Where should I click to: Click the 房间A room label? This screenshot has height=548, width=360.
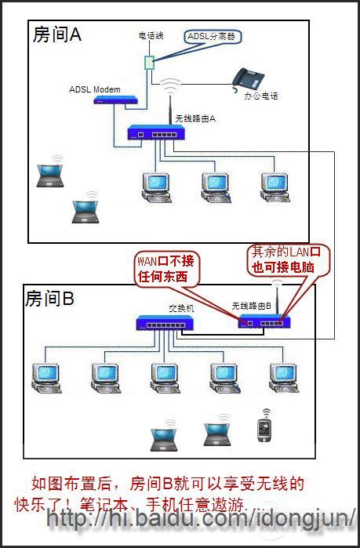(56, 34)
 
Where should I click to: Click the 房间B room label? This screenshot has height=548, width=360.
(50, 299)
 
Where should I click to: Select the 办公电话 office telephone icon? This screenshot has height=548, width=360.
(248, 80)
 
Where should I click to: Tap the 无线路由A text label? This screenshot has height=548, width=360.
(195, 118)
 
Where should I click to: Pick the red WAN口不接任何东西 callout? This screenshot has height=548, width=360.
(165, 267)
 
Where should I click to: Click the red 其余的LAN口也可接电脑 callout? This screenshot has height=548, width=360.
(287, 258)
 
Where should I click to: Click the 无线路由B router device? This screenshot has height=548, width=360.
(267, 319)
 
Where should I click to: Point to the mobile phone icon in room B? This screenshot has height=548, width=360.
(265, 428)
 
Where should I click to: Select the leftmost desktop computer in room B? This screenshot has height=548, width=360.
(44, 376)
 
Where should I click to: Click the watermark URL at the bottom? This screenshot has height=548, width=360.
(200, 519)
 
